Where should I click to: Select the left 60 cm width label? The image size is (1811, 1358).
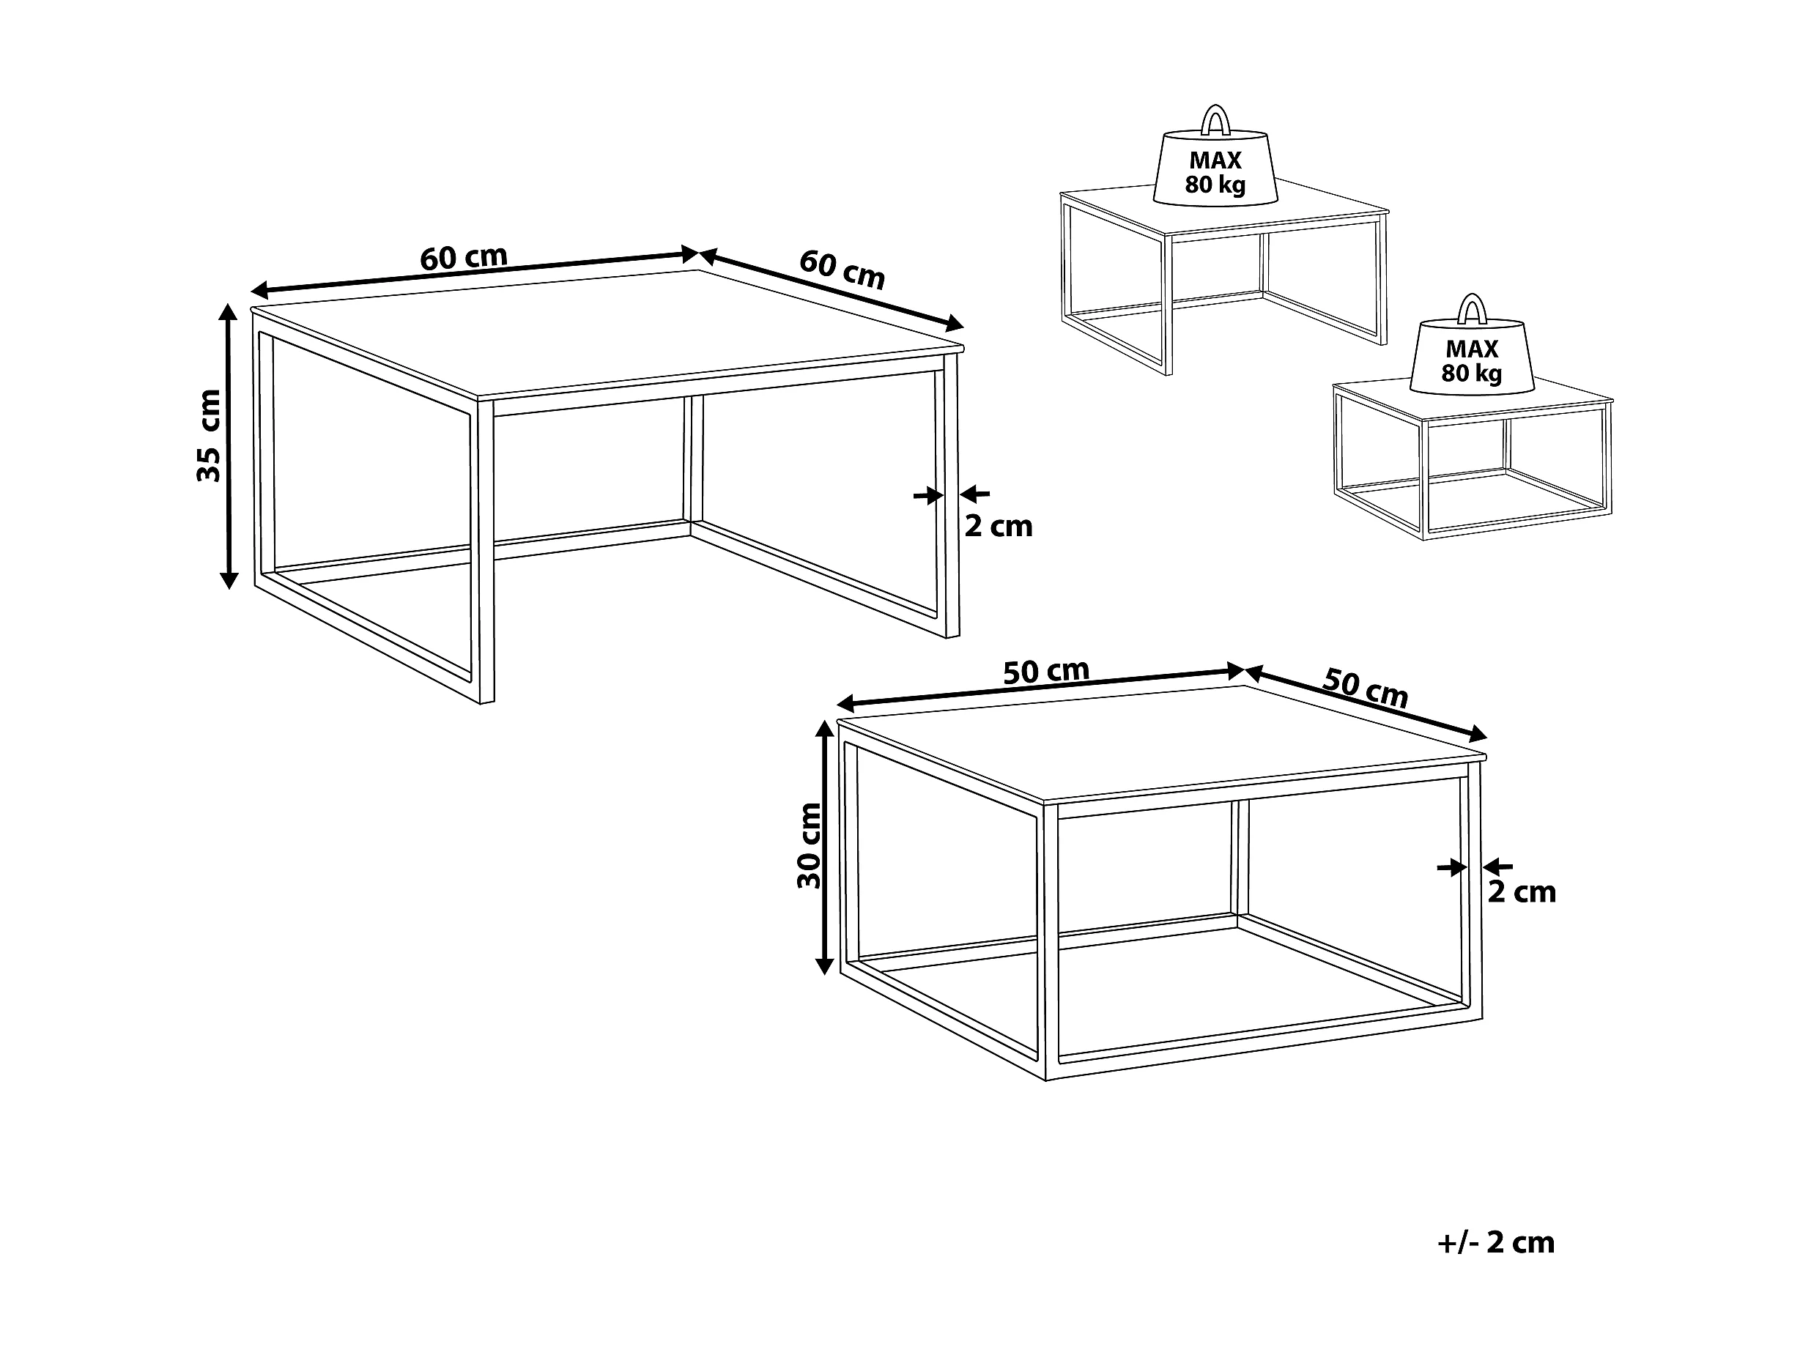[464, 257]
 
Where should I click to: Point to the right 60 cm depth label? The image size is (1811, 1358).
[842, 270]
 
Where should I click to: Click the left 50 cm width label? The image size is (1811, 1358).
[1046, 671]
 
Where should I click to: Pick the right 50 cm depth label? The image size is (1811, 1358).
[1366, 689]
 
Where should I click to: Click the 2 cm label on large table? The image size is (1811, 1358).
[998, 527]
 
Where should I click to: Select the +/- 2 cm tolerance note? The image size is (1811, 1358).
[1496, 1242]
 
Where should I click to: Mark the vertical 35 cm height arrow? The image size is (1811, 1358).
[229, 446]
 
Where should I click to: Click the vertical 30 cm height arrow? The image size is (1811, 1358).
[824, 847]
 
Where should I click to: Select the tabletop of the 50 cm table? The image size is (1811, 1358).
[1163, 743]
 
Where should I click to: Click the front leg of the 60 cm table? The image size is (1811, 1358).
[486, 552]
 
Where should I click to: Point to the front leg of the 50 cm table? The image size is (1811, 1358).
[1051, 942]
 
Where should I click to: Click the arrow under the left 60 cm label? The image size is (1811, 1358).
[475, 272]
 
